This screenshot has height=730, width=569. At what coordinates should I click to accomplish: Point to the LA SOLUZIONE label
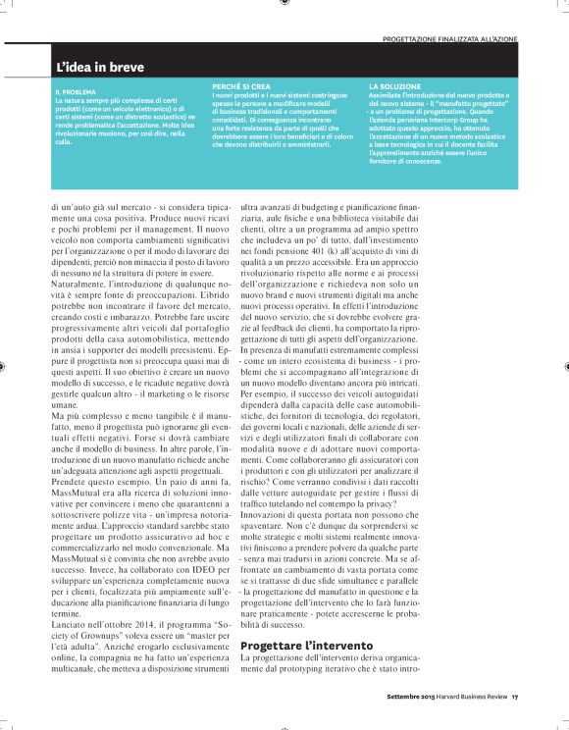click(394, 86)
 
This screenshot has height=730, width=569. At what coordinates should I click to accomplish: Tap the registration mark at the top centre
click(284, 3)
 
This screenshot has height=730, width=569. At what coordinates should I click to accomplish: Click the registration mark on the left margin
click(4, 365)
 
